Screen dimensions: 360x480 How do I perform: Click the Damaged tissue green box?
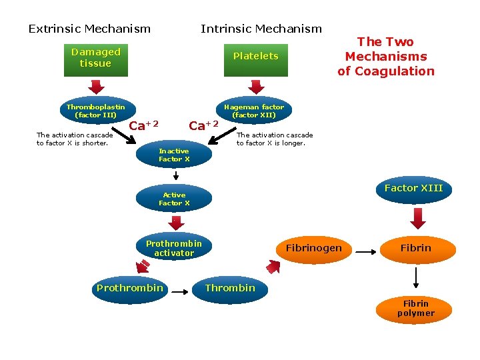click(95, 58)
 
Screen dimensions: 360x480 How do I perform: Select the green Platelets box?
click(255, 57)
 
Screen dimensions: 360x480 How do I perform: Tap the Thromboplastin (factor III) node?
click(95, 111)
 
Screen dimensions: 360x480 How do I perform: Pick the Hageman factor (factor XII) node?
click(254, 111)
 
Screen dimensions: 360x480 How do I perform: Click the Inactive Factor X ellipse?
click(174, 155)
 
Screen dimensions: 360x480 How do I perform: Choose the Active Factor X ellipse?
click(174, 199)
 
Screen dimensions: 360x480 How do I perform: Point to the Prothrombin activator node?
click(174, 248)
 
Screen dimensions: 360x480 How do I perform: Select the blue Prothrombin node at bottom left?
click(129, 288)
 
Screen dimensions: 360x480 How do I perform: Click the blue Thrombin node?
click(230, 288)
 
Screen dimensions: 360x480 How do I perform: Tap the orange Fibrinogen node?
click(313, 248)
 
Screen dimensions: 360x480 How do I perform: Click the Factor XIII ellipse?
click(413, 189)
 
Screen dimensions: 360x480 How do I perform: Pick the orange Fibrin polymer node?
click(415, 308)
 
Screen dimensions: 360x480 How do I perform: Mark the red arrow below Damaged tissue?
click(96, 86)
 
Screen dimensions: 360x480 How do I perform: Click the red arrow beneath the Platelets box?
click(255, 86)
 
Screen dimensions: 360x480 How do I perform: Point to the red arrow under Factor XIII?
click(417, 218)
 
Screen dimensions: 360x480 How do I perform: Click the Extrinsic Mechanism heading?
click(89, 29)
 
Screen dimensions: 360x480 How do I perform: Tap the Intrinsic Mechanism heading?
click(261, 29)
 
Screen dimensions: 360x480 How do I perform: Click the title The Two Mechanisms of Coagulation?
click(385, 57)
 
